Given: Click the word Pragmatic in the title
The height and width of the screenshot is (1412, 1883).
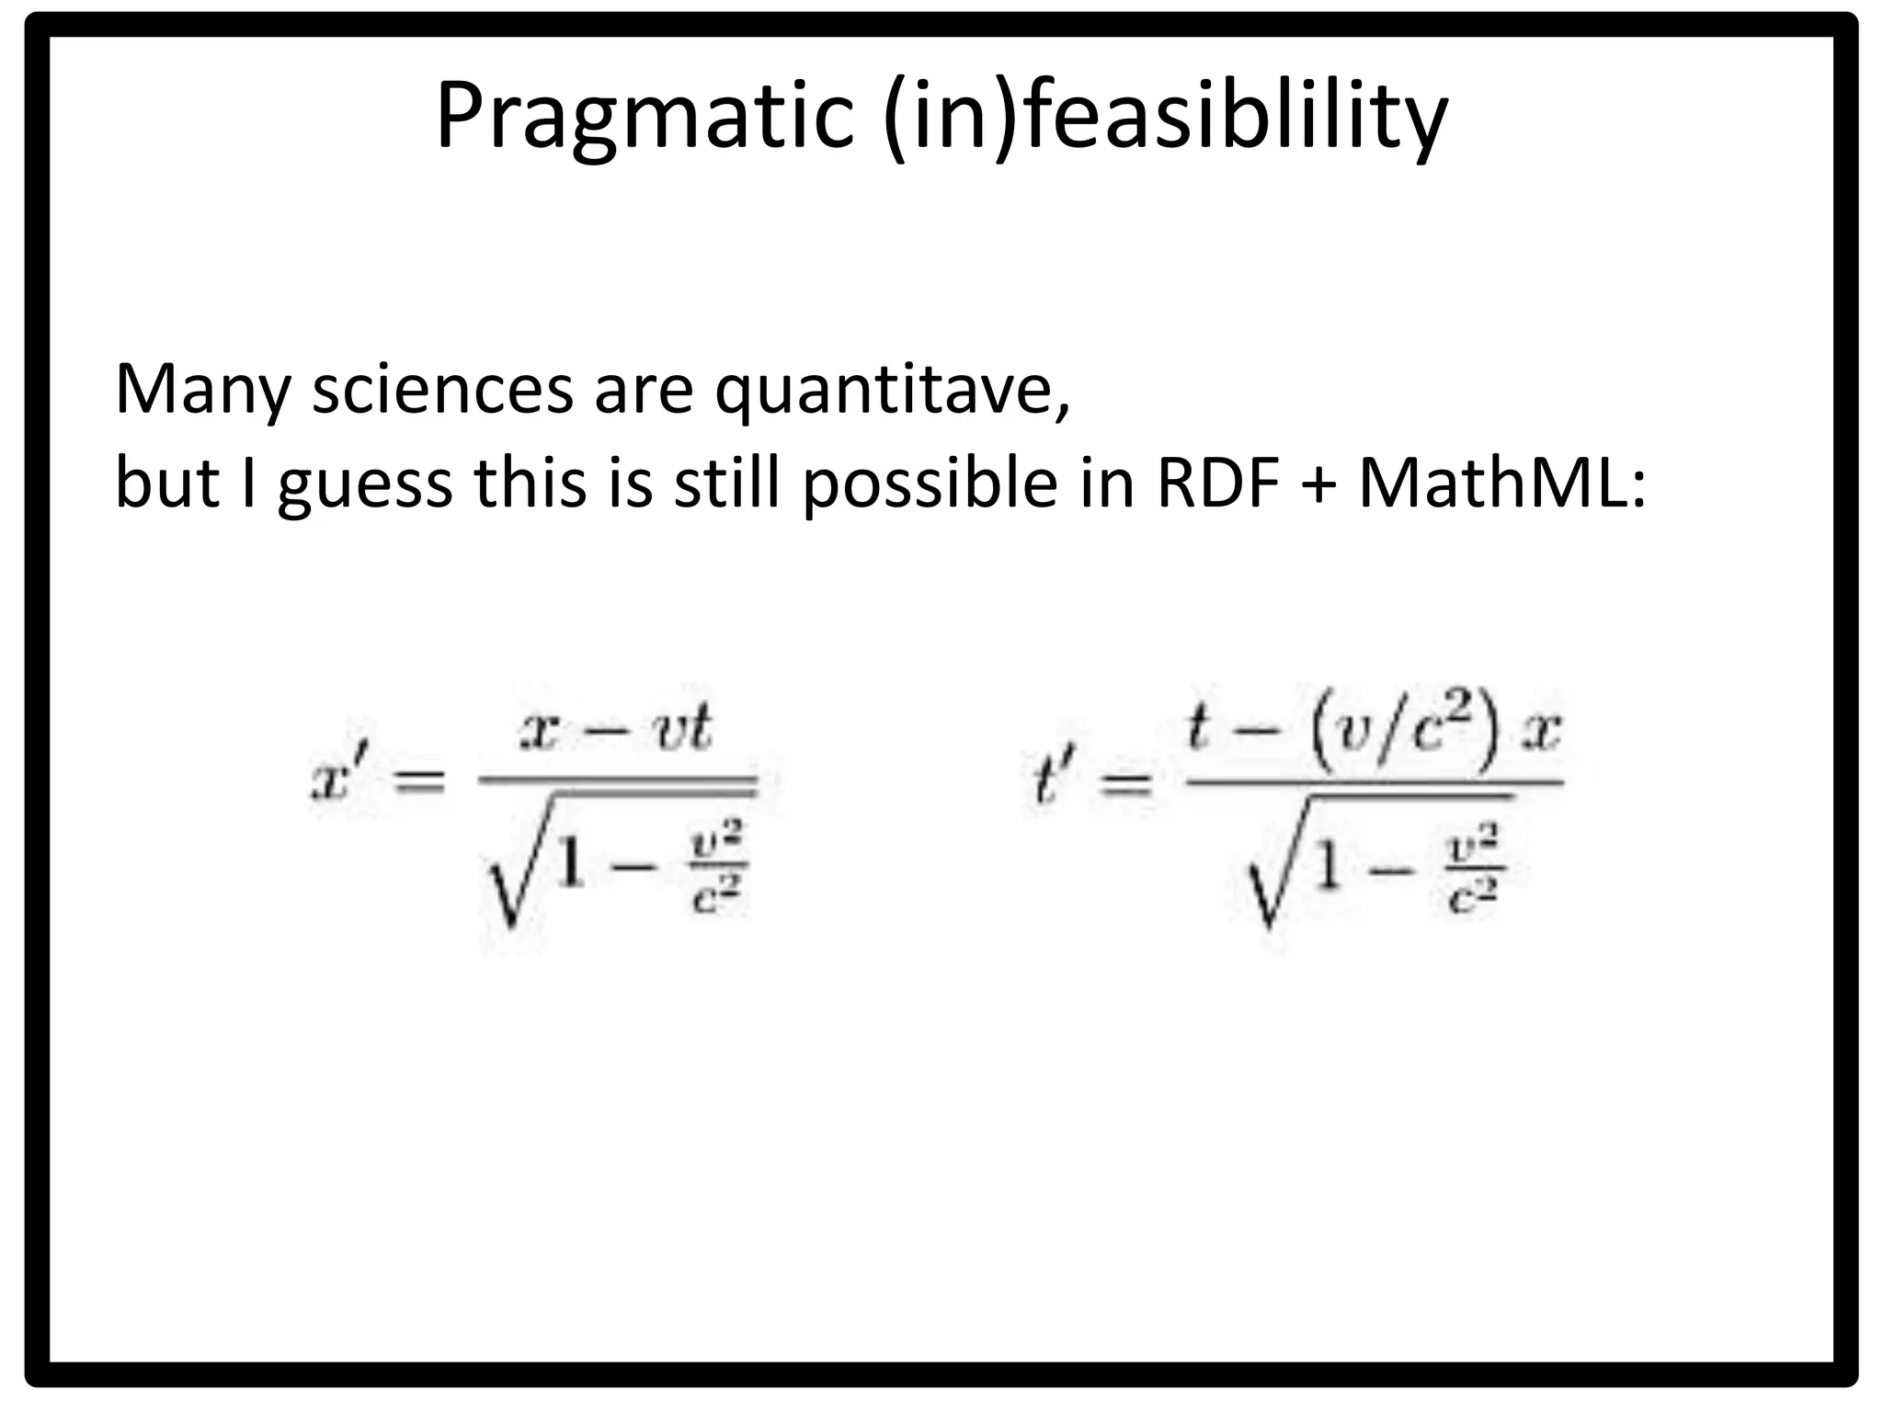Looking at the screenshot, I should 644,118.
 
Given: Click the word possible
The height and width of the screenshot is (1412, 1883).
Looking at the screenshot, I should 930,485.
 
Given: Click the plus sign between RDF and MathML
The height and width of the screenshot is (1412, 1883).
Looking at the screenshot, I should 1318,485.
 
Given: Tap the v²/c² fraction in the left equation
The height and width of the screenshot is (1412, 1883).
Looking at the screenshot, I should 717,869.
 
